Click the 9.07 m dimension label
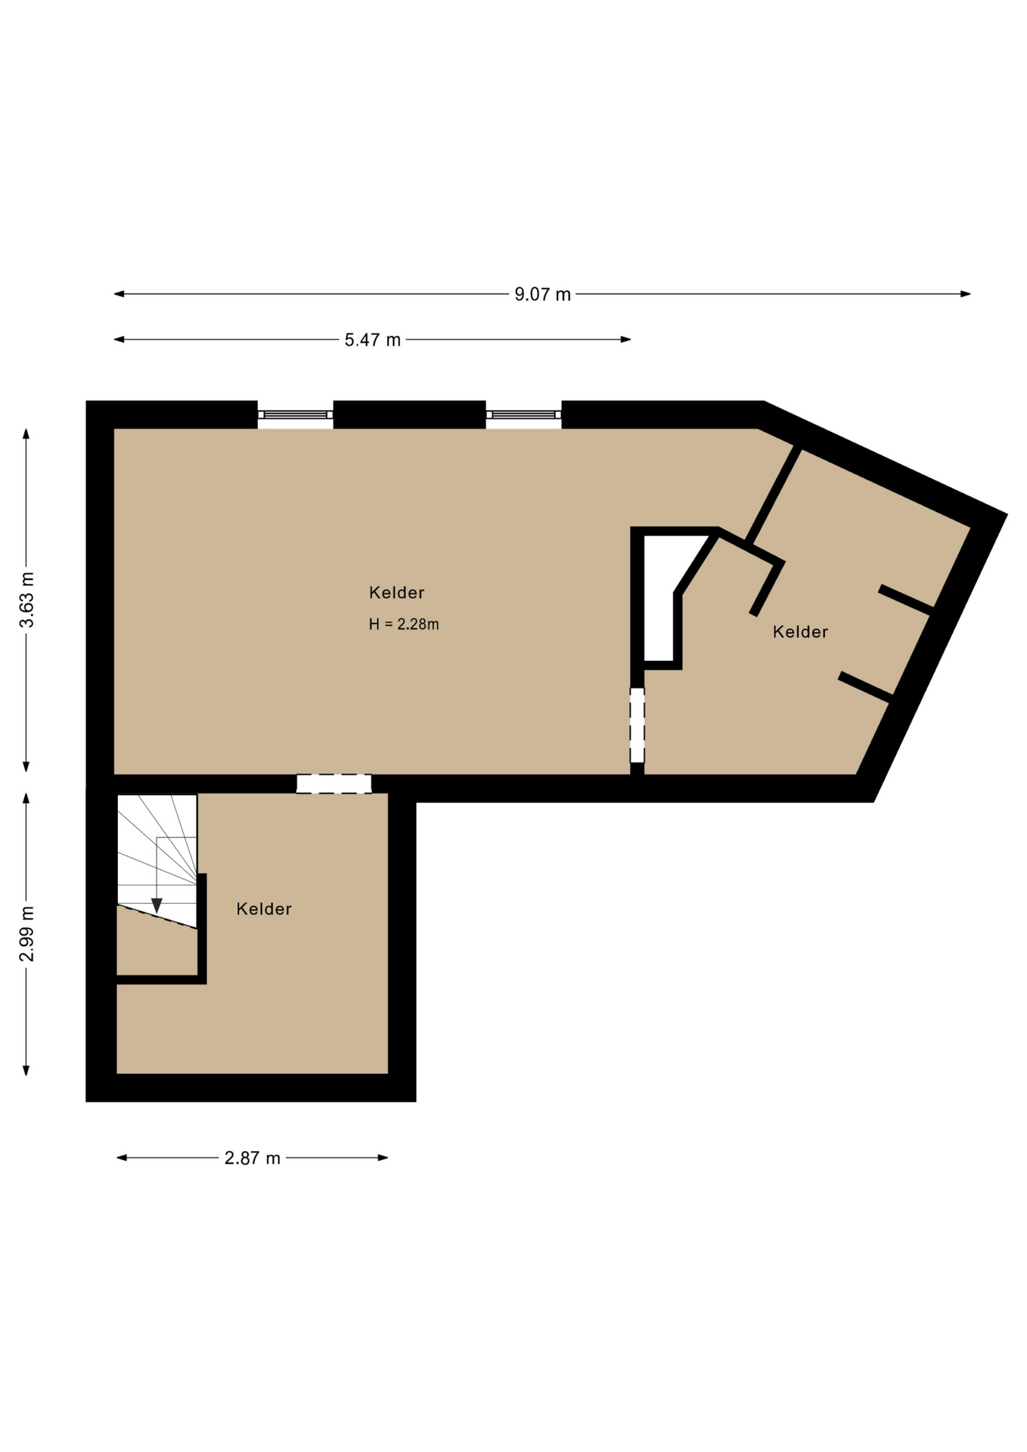coord(542,294)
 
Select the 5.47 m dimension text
coord(372,340)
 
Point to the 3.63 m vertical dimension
coord(27,600)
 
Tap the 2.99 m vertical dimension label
coord(27,933)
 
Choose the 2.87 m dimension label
coord(252,1158)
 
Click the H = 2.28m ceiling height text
coord(404,624)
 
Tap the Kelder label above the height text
coord(396,592)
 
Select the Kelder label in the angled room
coord(800,631)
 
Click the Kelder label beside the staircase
coord(264,909)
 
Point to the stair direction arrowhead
coord(157,905)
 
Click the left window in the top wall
coord(295,414)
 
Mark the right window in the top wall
coord(523,414)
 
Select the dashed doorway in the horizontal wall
coord(334,783)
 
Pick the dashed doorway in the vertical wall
coord(638,725)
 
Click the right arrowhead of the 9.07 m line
coord(966,294)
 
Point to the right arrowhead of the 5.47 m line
coord(626,340)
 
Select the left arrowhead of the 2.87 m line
coord(121,1158)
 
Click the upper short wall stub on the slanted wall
coord(906,600)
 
